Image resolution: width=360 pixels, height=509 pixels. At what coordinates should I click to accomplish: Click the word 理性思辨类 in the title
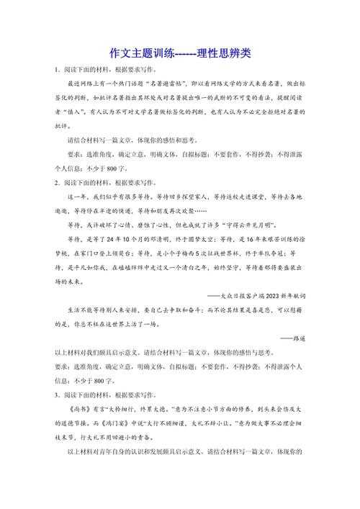(223, 54)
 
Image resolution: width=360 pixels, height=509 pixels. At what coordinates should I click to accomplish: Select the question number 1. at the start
(58, 70)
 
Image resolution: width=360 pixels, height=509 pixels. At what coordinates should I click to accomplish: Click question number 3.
(58, 395)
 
